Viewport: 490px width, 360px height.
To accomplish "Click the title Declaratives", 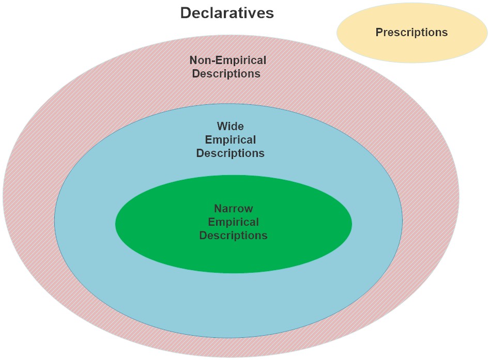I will [227, 13].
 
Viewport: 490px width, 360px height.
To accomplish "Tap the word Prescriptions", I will [411, 33].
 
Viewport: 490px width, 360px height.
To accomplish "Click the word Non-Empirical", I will [228, 60].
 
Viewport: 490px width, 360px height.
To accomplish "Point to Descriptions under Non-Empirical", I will [226, 74].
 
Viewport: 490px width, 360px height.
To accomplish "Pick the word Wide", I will [230, 126].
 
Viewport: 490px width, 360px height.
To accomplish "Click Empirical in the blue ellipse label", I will [230, 139].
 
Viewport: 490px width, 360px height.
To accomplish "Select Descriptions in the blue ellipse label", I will [230, 153].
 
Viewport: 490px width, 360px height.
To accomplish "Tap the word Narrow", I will [233, 209].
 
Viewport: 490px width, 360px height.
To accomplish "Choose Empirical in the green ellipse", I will [233, 222].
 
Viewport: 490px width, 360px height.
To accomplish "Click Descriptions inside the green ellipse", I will [233, 236].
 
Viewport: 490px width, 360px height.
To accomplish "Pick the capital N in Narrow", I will [218, 209].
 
